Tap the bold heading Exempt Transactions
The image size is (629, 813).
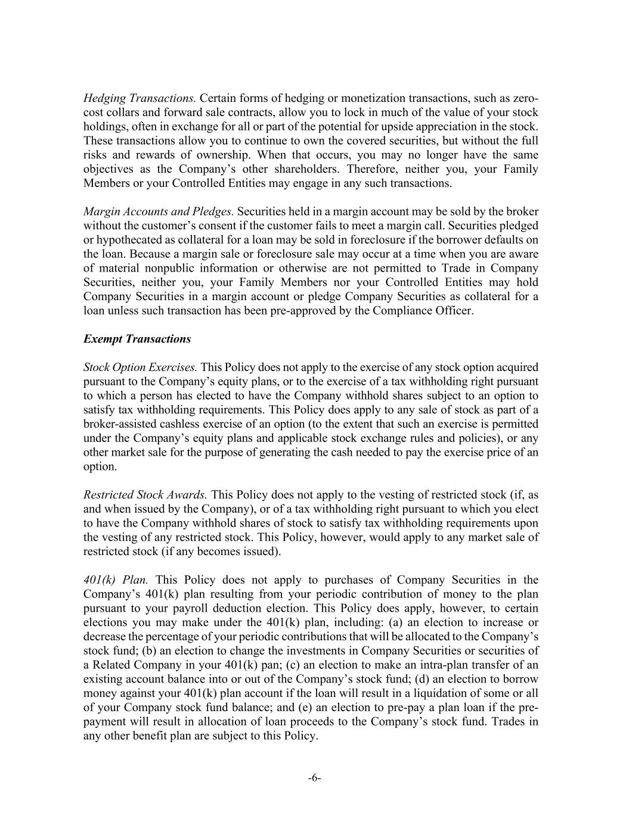[x=137, y=339]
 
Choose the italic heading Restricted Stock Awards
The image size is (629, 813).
[x=145, y=494]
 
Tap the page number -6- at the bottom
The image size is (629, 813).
[x=315, y=778]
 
